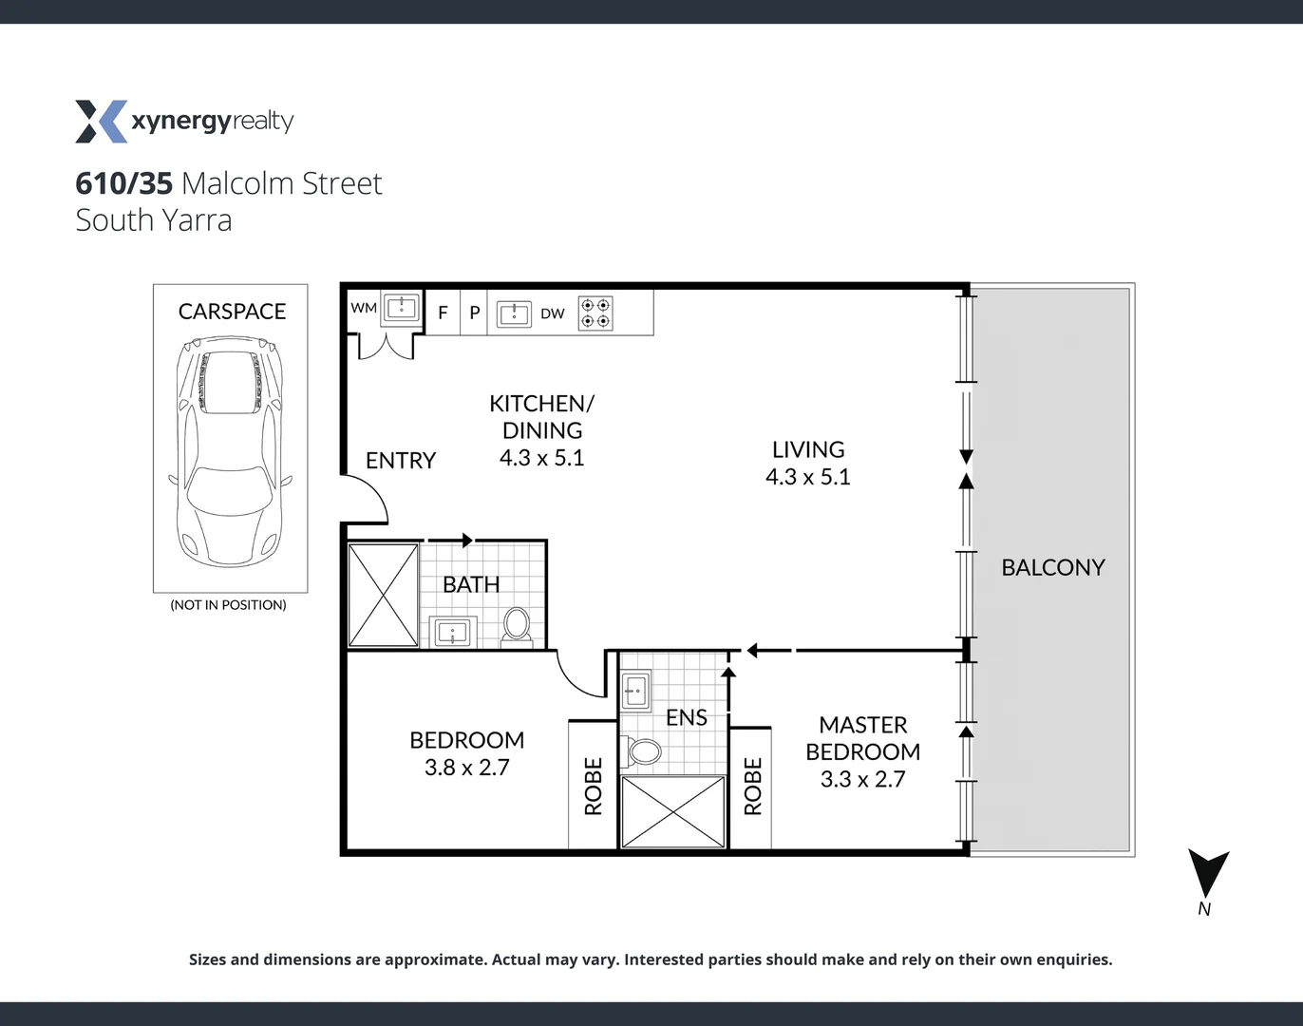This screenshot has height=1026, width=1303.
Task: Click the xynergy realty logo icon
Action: click(x=101, y=122)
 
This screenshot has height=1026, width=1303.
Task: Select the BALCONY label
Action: click(x=1052, y=567)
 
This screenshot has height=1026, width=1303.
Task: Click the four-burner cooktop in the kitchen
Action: click(x=595, y=313)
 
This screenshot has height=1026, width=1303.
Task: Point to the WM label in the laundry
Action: click(x=364, y=308)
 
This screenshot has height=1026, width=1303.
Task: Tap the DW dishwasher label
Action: click(x=552, y=313)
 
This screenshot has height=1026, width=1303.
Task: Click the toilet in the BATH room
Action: click(x=518, y=625)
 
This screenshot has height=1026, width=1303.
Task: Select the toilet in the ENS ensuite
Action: click(x=645, y=752)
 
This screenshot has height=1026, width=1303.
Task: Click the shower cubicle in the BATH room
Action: click(x=384, y=595)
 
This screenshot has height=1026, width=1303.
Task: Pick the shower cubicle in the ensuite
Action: click(x=672, y=811)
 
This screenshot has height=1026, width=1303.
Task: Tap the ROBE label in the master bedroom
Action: click(x=752, y=787)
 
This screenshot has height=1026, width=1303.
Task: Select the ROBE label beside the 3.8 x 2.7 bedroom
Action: click(x=593, y=787)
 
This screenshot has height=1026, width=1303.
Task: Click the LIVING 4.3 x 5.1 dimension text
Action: click(x=807, y=477)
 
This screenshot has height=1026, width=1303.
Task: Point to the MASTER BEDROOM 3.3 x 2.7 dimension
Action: click(x=862, y=779)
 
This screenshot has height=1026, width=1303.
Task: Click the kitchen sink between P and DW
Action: click(x=514, y=313)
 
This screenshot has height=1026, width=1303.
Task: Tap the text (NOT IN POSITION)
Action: click(x=228, y=605)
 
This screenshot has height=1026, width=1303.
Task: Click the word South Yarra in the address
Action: click(x=154, y=220)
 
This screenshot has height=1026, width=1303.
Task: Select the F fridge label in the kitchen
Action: click(x=443, y=313)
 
